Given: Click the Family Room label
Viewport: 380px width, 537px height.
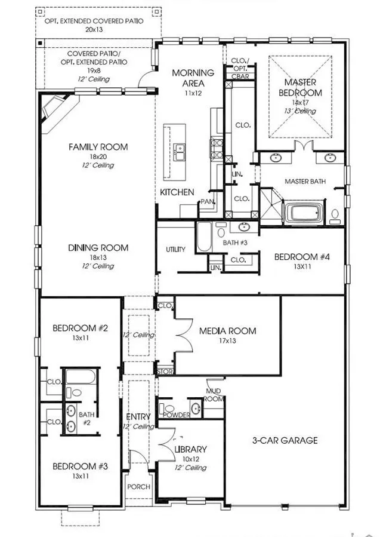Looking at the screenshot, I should coord(98,147).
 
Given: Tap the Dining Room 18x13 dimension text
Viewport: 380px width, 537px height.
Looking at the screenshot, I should coord(98,257).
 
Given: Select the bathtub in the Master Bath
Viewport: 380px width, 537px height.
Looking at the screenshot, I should coord(303,213).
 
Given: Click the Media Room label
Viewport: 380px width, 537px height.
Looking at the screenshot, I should coord(227,331).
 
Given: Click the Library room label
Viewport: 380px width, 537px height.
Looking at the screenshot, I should coord(191,449).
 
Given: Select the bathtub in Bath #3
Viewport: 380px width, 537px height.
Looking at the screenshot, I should coord(204,238).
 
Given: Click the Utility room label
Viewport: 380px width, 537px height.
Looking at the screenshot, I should coord(175,250).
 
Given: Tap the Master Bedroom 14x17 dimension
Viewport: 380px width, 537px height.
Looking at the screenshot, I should coord(303,102).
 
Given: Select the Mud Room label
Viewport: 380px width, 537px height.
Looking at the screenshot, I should coord(214,395).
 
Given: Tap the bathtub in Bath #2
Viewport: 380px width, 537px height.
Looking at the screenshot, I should coord(80,377).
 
